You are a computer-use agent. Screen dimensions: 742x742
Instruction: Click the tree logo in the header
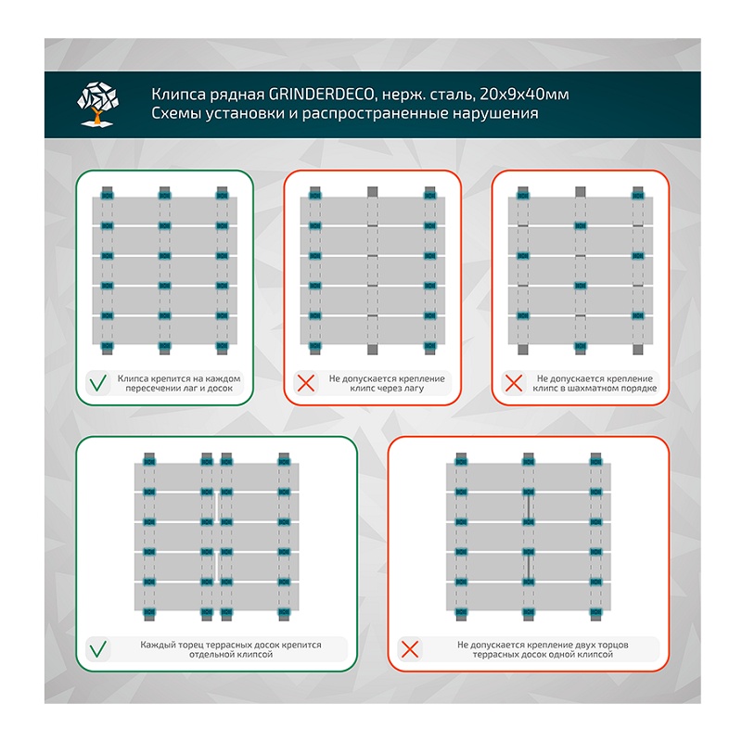[99, 105]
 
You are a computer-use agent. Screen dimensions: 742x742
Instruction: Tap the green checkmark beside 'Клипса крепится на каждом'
[96, 382]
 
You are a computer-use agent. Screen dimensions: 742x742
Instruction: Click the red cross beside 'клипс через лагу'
[302, 382]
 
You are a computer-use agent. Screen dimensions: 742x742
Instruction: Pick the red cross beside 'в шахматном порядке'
[510, 382]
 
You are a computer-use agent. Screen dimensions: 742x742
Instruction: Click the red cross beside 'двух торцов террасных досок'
[408, 649]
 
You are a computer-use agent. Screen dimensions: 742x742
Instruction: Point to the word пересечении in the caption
[147, 389]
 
